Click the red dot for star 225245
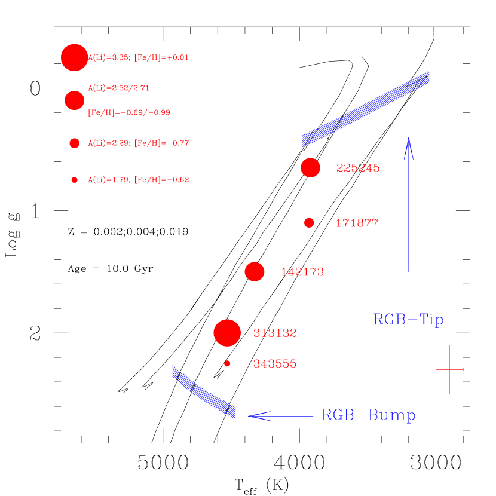click(310, 168)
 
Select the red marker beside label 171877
click(309, 223)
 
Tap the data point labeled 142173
click(255, 272)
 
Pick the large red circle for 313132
click(227, 333)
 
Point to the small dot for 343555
click(227, 363)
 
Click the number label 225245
click(358, 169)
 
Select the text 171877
click(357, 223)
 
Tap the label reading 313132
click(275, 333)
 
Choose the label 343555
click(275, 364)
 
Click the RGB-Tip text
click(408, 320)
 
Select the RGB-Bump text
click(369, 415)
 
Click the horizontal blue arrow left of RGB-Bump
click(281, 416)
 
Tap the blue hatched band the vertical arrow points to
click(366, 109)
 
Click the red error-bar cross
click(449, 370)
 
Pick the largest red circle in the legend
click(74, 57)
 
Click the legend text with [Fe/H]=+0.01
click(138, 58)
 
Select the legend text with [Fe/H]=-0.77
click(138, 143)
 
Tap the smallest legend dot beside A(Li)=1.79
click(74, 180)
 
